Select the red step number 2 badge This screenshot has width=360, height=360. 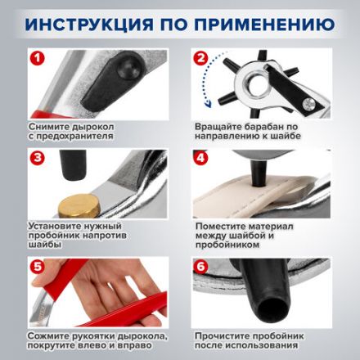pos(200,58)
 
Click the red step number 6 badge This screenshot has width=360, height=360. pos(200,266)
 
